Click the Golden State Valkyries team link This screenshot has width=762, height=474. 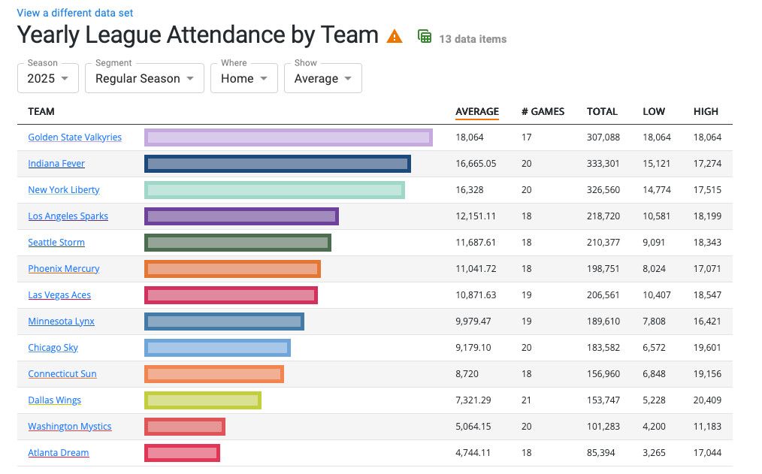tap(74, 137)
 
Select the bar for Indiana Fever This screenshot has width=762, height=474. tap(277, 164)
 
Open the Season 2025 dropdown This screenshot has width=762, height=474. tap(47, 78)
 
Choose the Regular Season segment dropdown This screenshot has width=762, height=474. tap(144, 78)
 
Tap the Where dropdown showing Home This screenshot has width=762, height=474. tap(244, 78)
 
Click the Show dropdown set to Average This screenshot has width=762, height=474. tap(322, 78)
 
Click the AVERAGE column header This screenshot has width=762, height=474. tap(477, 111)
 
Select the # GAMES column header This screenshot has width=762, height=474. tap(543, 111)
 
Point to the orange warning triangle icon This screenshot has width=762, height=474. tap(395, 36)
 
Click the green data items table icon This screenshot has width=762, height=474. tap(425, 36)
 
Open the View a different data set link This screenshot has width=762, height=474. tap(75, 13)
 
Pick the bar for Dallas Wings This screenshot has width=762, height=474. tap(203, 400)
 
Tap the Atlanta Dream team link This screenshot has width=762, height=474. tap(59, 453)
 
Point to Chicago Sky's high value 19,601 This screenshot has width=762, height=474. tap(707, 348)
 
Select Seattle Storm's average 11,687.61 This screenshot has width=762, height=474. tap(476, 243)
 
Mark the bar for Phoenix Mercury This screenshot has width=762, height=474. tap(232, 269)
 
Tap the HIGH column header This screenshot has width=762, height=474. tap(706, 111)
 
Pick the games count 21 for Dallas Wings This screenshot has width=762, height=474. tap(527, 400)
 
